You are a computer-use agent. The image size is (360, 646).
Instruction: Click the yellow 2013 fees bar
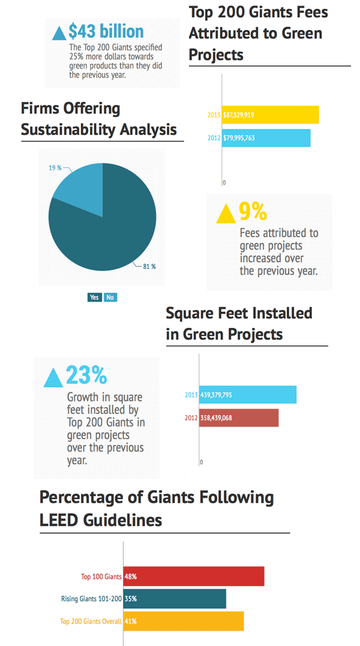point(270,115)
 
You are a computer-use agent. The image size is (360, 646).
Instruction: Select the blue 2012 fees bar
point(266,138)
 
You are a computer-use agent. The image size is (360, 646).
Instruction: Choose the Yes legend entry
point(95,298)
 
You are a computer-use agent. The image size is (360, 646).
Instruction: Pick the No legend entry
point(110,298)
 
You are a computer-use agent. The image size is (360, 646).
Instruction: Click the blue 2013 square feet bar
point(248,395)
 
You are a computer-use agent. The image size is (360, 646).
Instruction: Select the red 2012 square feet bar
point(239,417)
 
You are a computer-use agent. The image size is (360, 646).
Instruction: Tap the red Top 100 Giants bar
point(194,576)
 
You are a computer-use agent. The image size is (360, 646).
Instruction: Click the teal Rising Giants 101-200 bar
point(175,599)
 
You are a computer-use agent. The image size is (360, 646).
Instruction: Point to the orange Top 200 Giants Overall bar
point(184,621)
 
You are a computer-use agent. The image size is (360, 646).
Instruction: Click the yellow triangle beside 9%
point(226,214)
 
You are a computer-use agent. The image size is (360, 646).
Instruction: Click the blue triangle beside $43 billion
point(59,33)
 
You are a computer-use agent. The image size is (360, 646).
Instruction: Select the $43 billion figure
point(106,31)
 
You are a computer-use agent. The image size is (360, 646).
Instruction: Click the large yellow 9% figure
point(253,211)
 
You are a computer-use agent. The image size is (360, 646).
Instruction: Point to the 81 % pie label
point(149,266)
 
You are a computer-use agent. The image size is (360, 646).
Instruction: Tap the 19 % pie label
point(55,168)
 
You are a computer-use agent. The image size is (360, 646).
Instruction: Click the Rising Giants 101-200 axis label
point(91,599)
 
